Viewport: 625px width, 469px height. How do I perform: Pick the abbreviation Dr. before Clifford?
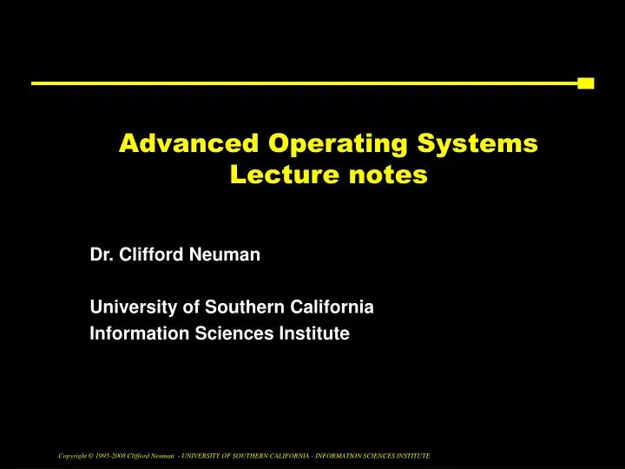tap(102, 255)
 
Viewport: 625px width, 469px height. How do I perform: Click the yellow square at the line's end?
tap(586, 83)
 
